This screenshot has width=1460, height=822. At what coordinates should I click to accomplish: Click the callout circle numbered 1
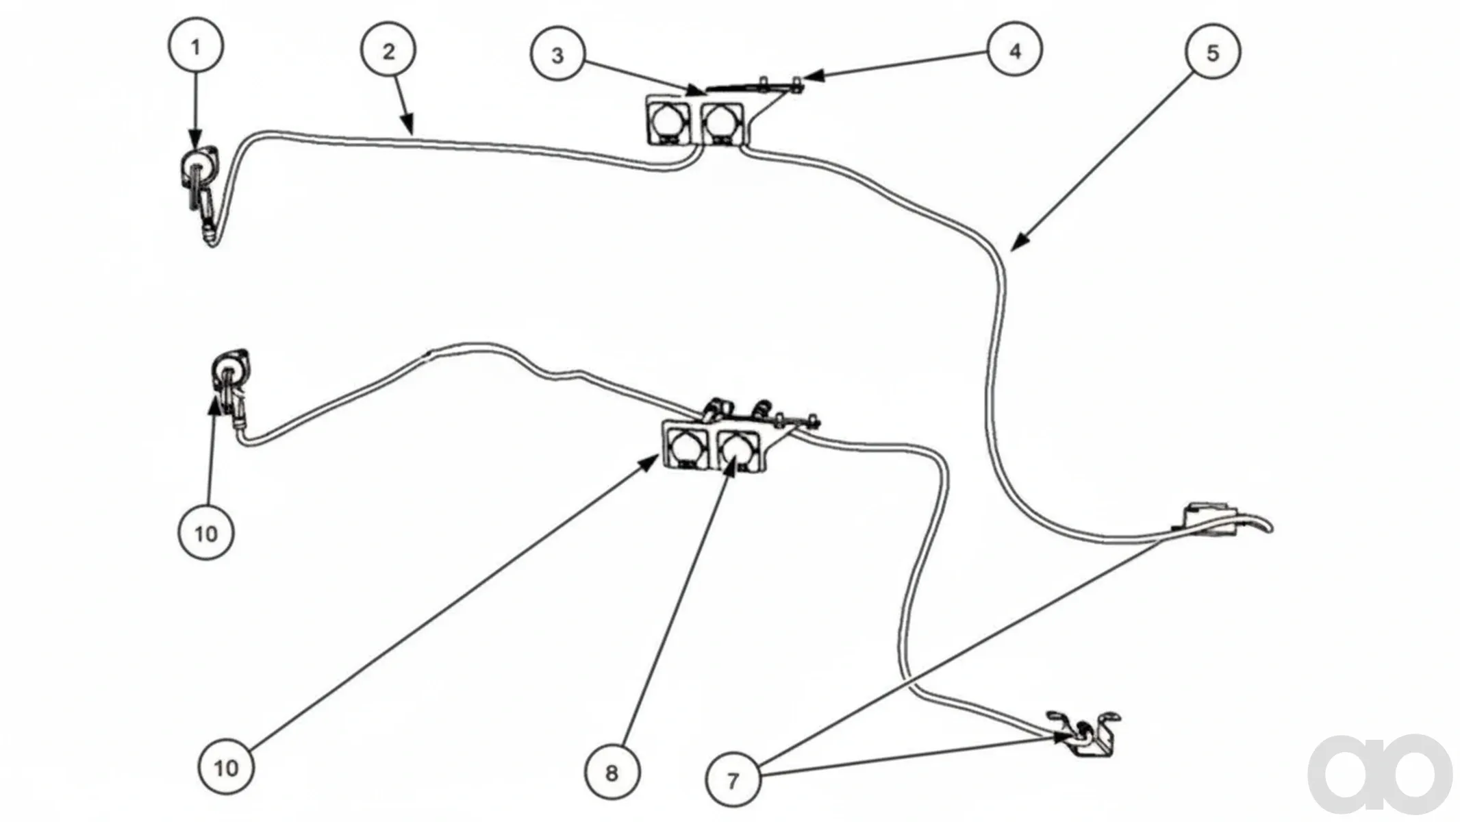click(x=196, y=47)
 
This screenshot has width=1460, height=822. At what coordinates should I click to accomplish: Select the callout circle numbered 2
click(x=388, y=51)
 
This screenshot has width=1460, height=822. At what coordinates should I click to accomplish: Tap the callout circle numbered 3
click(x=557, y=55)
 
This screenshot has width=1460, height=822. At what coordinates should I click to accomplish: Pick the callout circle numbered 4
click(x=1015, y=50)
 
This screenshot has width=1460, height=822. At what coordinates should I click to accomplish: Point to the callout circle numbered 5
click(x=1212, y=52)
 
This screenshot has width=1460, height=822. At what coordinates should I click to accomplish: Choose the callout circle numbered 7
click(x=733, y=780)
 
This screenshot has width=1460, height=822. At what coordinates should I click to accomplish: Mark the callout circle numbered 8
click(x=612, y=772)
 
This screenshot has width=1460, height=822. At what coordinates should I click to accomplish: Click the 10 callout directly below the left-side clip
click(x=206, y=532)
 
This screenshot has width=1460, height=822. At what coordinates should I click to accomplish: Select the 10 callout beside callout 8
click(x=226, y=767)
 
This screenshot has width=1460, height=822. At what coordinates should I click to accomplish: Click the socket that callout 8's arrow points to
click(x=738, y=449)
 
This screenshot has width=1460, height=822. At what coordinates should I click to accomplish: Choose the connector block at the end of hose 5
click(x=1209, y=517)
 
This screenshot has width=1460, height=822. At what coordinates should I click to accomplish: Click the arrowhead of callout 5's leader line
click(x=1019, y=243)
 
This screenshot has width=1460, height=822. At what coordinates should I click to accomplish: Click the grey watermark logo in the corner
click(x=1381, y=773)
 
